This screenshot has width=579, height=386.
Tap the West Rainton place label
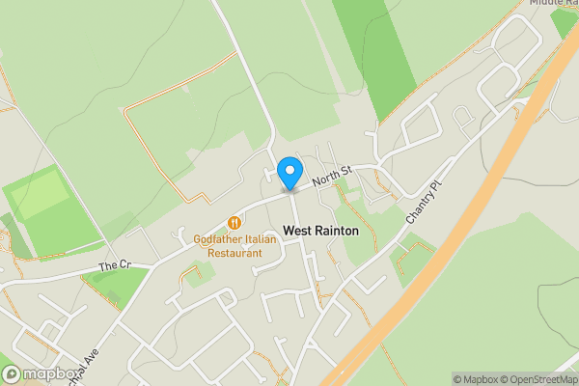[x=320, y=232]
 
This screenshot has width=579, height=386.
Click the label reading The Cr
[x=114, y=264]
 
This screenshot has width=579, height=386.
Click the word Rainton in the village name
[x=334, y=232]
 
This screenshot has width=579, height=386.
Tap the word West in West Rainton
[x=295, y=232]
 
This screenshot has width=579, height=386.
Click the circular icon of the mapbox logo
[x=12, y=374]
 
